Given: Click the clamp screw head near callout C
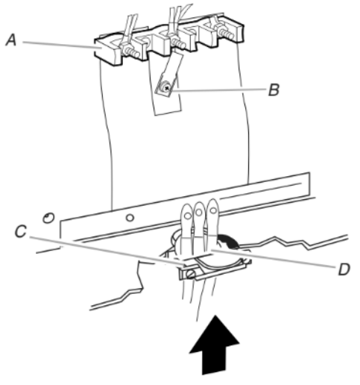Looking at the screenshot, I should [x=191, y=275].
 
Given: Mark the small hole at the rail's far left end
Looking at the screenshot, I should [x=48, y=219].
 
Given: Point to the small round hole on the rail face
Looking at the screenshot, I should [x=130, y=218].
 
